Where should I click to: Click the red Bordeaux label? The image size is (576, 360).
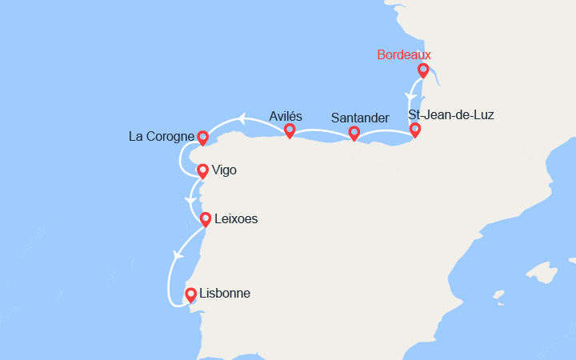click(404, 55)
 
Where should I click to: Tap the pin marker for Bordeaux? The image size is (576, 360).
click(423, 70)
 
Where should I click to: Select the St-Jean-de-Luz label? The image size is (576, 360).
click(451, 115)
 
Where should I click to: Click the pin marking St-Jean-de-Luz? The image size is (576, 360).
click(414, 130)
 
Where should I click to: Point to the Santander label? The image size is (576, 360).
click(360, 118)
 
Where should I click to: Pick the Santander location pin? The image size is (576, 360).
click(354, 133)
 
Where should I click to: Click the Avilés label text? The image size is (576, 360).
click(286, 116)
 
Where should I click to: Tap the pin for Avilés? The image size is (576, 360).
click(290, 130)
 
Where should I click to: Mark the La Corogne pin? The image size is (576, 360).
click(202, 138)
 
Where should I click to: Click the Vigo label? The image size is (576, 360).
click(224, 170)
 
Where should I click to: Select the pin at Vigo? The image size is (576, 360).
click(202, 170)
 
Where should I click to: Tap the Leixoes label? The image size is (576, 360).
click(236, 218)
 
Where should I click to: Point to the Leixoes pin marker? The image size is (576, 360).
click(206, 218)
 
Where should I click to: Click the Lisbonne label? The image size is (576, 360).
click(224, 294)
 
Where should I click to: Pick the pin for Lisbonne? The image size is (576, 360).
click(191, 294)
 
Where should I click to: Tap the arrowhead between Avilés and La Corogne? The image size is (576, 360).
click(240, 121)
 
